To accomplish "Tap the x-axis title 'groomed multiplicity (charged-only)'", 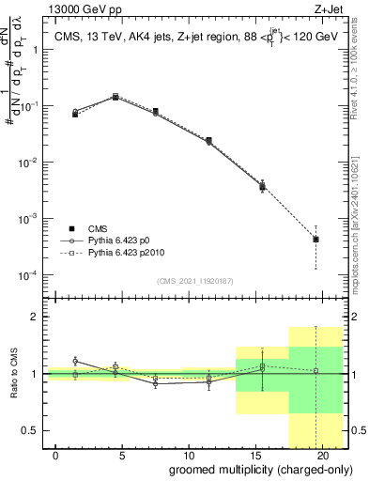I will tap(247, 469).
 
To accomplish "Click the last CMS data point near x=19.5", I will tap(315, 240).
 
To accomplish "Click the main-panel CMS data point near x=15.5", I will tap(263, 186).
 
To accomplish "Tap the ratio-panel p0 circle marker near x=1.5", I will tap(75, 361).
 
